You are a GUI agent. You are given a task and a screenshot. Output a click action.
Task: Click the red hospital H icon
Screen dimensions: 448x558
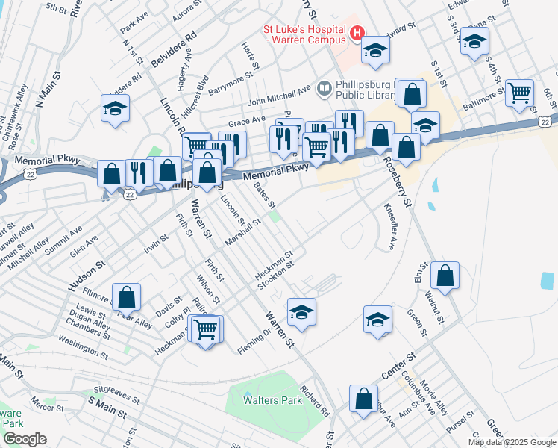pyautogui.click(x=357, y=33)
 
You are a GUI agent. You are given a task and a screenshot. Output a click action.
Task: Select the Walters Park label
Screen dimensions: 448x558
pyautogui.click(x=272, y=400)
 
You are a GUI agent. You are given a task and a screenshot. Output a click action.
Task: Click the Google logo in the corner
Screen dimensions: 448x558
pyautogui.click(x=24, y=439)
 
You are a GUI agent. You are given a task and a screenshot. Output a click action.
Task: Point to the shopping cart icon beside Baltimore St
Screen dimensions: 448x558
pyautogui.click(x=518, y=93)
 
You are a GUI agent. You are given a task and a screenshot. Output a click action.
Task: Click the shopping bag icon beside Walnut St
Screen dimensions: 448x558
pyautogui.click(x=445, y=275)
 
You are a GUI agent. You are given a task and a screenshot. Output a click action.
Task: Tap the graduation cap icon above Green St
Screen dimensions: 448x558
pyautogui.click(x=378, y=319)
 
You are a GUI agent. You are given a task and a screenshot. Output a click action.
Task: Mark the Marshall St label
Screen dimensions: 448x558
pyautogui.click(x=242, y=231)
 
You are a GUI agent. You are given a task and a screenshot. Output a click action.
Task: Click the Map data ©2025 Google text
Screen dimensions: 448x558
pyautogui.click(x=511, y=442)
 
